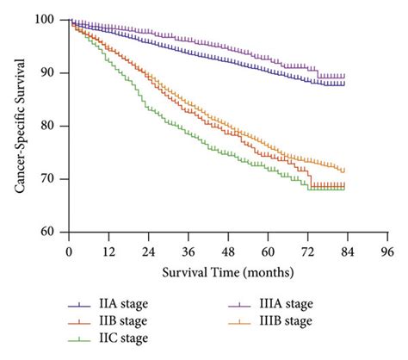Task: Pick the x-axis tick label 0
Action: click(68, 251)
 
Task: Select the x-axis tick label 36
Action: click(189, 251)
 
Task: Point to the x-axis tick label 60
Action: click(269, 251)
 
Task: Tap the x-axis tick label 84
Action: click(349, 251)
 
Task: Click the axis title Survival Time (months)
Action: click(228, 273)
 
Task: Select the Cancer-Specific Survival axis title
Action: click(19, 125)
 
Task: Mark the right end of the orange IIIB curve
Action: click(344, 171)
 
